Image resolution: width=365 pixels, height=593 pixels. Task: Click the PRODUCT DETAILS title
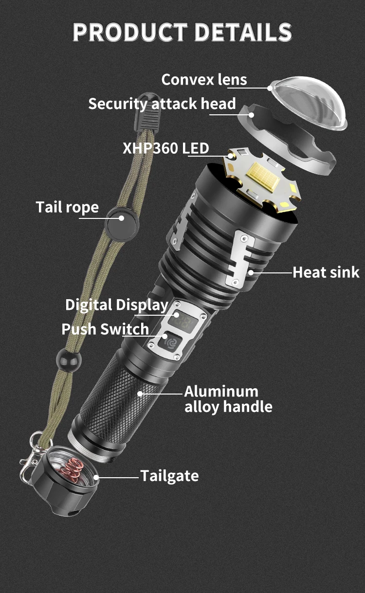[182, 32]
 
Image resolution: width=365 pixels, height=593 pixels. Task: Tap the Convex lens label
[204, 79]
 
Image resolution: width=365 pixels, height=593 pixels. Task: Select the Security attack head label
[162, 104]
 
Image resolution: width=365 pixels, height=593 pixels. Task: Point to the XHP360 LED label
[165, 148]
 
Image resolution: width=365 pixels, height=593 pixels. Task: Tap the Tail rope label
[67, 207]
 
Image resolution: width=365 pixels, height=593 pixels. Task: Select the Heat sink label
[326, 272]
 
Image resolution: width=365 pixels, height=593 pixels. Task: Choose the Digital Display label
[117, 305]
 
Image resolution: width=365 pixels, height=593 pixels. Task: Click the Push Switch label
[105, 329]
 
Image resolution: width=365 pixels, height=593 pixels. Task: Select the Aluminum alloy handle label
[228, 399]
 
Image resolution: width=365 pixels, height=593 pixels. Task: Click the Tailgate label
[169, 475]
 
